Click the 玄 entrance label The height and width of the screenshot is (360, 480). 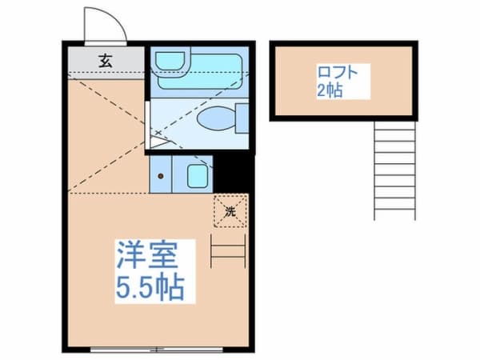105,59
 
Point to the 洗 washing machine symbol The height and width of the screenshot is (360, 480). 230,212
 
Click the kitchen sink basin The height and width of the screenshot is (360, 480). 197,174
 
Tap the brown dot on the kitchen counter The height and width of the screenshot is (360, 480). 162,175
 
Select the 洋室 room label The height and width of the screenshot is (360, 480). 146,256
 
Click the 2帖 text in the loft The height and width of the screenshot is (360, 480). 329,90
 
